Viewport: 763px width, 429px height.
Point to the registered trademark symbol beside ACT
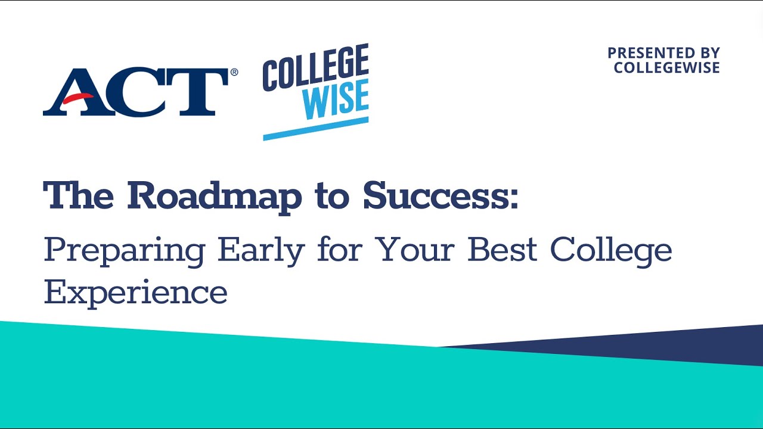(x=234, y=72)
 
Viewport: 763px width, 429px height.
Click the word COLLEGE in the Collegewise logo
(x=315, y=68)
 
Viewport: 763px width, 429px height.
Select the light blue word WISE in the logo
(x=335, y=101)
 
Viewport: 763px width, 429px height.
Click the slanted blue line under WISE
(x=315, y=128)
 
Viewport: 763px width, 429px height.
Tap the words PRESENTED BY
(x=663, y=53)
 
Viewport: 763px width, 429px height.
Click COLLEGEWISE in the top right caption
(x=666, y=68)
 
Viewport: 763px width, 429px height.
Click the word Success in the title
(x=435, y=195)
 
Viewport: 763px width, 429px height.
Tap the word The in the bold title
(x=78, y=195)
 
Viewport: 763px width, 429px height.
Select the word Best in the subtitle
(x=503, y=250)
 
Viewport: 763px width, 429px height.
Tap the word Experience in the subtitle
(x=135, y=292)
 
